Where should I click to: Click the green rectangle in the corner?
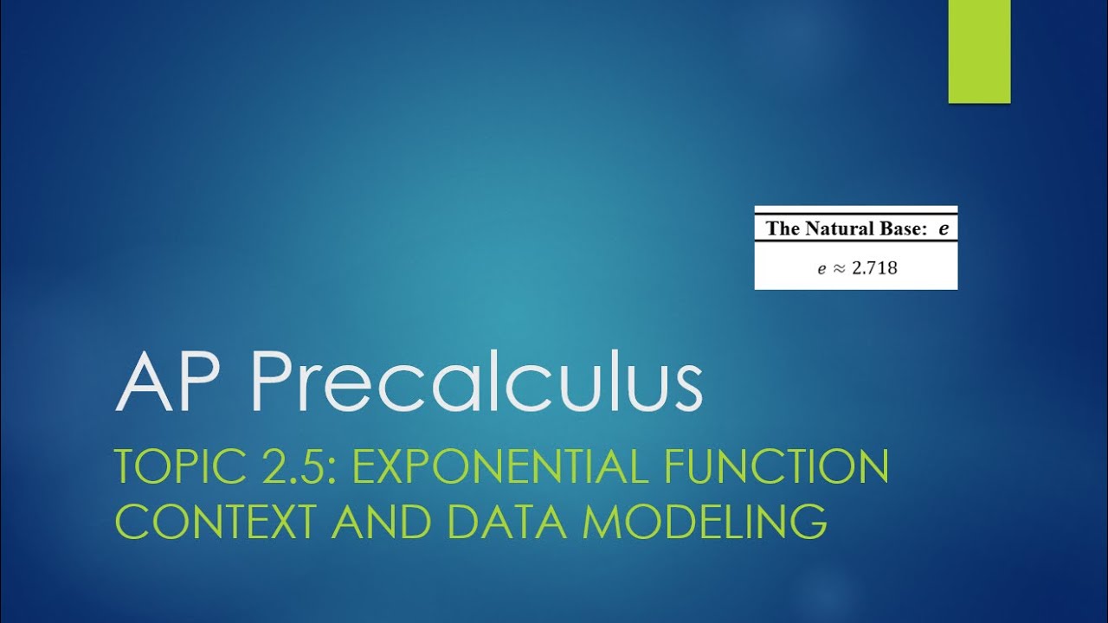click(979, 52)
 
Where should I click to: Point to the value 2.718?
click(874, 268)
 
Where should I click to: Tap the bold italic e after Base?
click(943, 230)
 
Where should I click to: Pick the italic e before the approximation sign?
click(822, 269)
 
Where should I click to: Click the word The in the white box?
click(783, 229)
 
